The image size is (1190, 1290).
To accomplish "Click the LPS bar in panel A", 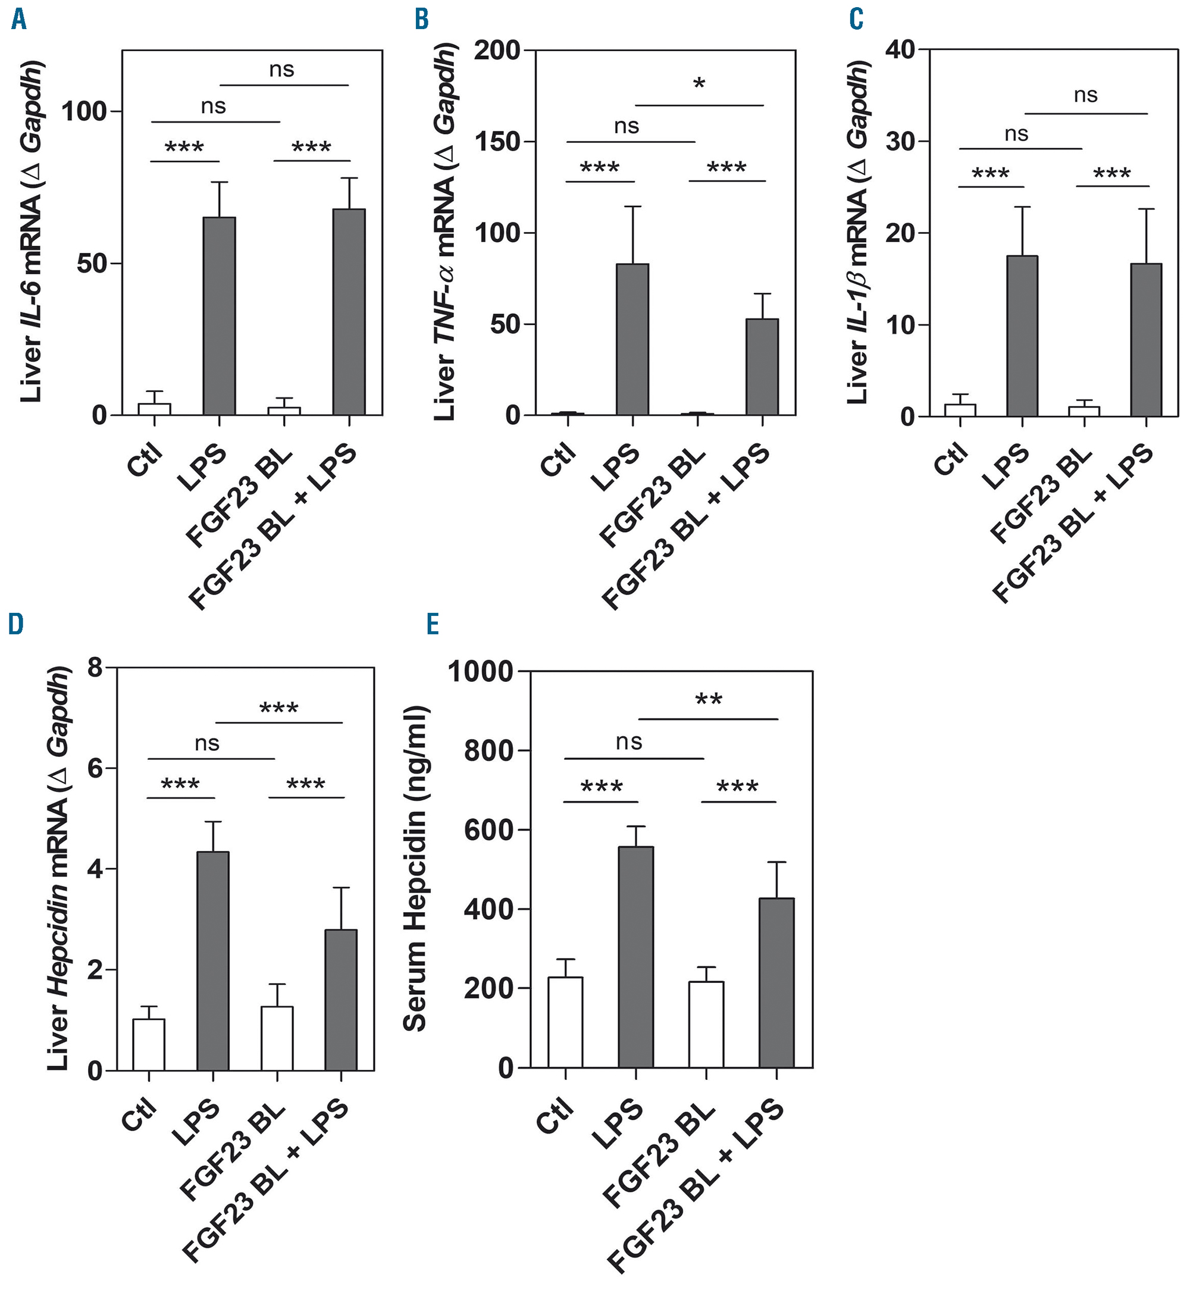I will (x=219, y=315).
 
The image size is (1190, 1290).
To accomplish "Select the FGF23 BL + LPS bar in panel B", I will (x=762, y=367).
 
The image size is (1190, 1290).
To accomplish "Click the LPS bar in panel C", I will (x=1022, y=336).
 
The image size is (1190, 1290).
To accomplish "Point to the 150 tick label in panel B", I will (x=496, y=142).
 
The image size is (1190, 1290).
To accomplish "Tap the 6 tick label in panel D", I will (x=95, y=768).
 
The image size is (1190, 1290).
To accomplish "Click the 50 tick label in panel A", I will (x=92, y=264).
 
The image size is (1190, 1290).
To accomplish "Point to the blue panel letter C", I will (x=856, y=19).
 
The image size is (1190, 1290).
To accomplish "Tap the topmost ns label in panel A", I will (x=281, y=70).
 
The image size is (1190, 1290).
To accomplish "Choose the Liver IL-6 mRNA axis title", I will (x=31, y=232).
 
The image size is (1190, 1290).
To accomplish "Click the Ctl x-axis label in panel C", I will (x=950, y=459).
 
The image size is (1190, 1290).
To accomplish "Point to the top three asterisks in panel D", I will (x=278, y=709).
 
